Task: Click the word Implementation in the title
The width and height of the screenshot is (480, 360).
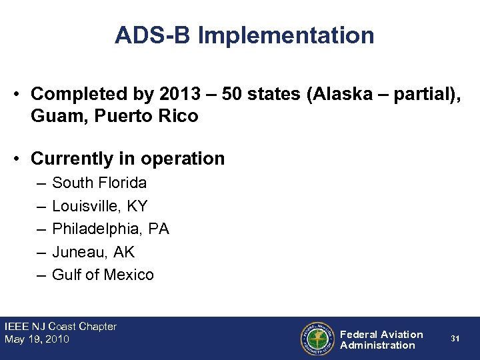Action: [286, 35]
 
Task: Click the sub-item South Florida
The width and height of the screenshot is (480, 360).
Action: [99, 183]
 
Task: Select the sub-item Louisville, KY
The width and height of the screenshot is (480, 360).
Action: [100, 206]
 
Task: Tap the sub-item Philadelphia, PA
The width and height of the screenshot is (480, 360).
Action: [111, 229]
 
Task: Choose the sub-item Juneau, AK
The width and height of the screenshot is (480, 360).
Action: [93, 252]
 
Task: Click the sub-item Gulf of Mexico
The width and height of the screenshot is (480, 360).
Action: [103, 275]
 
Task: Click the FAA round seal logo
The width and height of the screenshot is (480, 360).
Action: [317, 339]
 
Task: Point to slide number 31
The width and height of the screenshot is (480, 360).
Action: [455, 339]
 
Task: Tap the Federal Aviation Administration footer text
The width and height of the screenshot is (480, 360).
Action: [381, 339]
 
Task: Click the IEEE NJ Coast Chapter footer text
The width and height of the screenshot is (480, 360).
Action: [61, 327]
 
